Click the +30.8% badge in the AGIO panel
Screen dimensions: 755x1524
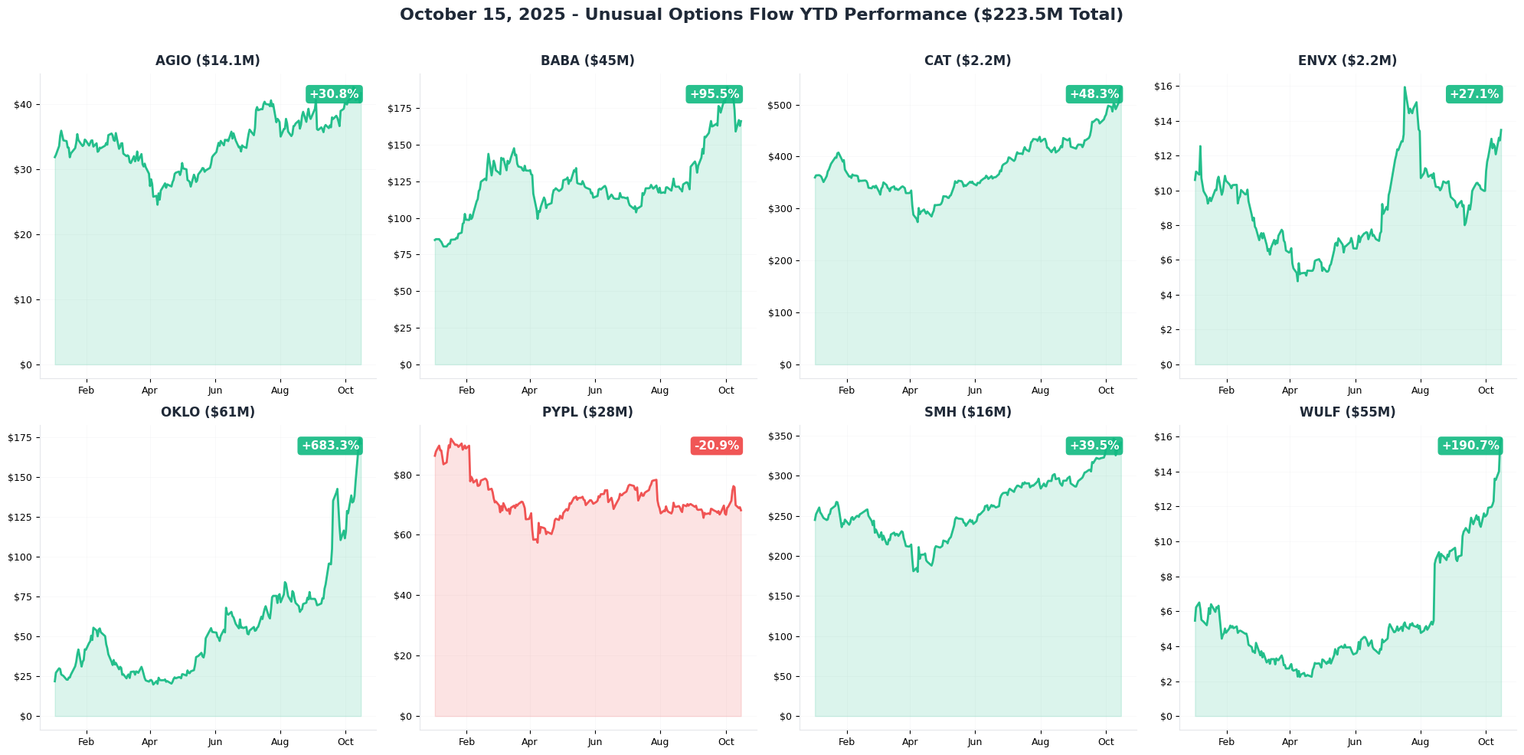click(334, 94)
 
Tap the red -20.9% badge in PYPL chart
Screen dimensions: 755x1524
click(717, 446)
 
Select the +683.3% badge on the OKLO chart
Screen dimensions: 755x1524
click(330, 446)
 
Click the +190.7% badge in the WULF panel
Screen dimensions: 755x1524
click(1470, 446)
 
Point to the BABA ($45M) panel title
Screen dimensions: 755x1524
click(587, 60)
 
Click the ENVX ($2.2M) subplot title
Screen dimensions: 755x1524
click(1347, 60)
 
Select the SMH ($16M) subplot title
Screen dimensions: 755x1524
click(967, 412)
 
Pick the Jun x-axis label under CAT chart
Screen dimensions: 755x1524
click(974, 391)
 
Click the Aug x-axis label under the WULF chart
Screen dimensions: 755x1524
click(1420, 741)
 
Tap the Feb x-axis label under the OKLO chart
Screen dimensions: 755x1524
click(87, 741)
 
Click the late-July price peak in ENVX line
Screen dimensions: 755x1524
click(1405, 87)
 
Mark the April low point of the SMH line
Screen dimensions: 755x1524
click(914, 571)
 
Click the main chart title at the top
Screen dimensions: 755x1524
click(761, 15)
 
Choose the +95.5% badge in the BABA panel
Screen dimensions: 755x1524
click(714, 94)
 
